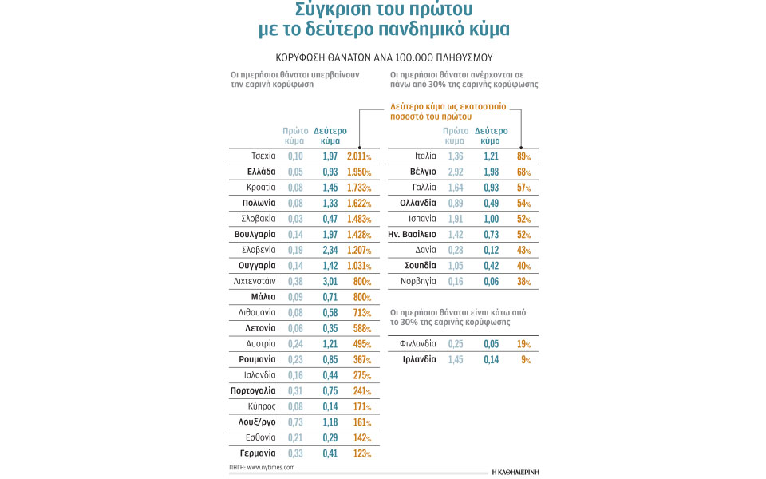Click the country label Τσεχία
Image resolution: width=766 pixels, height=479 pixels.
coord(263,156)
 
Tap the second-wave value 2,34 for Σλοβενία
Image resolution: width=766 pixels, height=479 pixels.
coord(330,250)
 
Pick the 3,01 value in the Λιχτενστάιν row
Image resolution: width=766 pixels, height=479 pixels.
coord(330,281)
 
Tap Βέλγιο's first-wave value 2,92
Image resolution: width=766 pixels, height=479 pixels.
coord(456,172)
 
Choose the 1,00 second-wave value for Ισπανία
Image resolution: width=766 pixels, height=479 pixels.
coord(491,218)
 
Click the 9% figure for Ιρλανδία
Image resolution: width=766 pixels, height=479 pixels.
coord(526,359)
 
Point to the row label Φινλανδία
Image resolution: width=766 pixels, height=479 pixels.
coord(418,344)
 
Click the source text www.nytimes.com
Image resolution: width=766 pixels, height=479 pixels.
coord(271,467)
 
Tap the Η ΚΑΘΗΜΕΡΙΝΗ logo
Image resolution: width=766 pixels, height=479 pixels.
coord(514,471)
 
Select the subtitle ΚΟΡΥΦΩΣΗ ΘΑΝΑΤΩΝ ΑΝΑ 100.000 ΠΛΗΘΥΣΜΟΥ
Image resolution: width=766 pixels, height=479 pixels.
coord(384,58)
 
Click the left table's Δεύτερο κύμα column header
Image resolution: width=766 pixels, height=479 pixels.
coord(330,135)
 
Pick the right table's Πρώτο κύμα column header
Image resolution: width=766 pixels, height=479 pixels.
coord(456,135)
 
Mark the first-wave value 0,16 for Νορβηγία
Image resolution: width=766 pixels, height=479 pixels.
coord(456,281)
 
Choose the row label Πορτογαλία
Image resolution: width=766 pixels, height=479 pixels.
coord(253,390)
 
